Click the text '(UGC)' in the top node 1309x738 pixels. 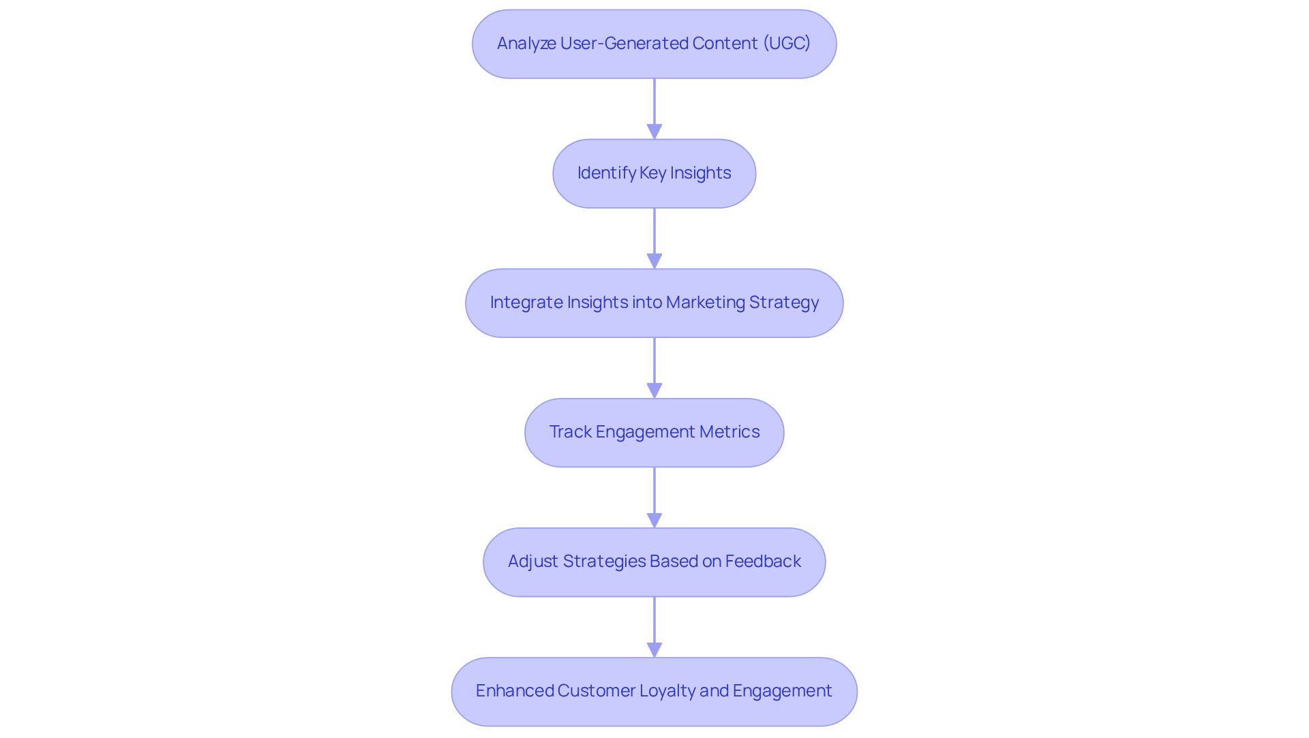(x=786, y=44)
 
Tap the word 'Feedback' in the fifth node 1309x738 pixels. (x=763, y=562)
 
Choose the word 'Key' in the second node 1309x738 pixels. (x=652, y=173)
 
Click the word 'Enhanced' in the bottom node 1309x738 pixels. (x=514, y=691)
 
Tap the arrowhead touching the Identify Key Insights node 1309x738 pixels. (x=654, y=132)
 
